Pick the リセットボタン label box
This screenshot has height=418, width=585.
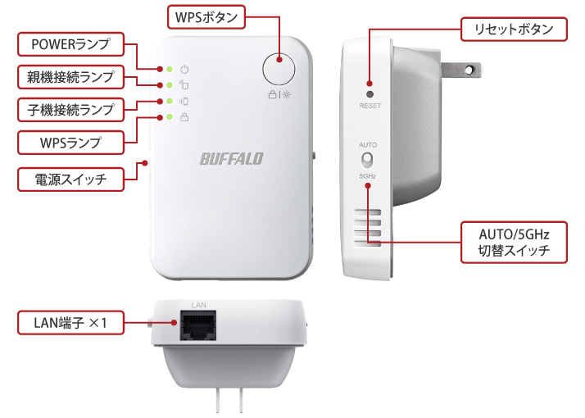515,30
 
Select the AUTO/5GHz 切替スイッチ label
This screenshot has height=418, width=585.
514,240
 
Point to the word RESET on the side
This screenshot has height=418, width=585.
370,106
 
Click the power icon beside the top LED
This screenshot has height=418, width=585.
184,69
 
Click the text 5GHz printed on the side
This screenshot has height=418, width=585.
368,177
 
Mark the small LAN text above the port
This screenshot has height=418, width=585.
198,305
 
